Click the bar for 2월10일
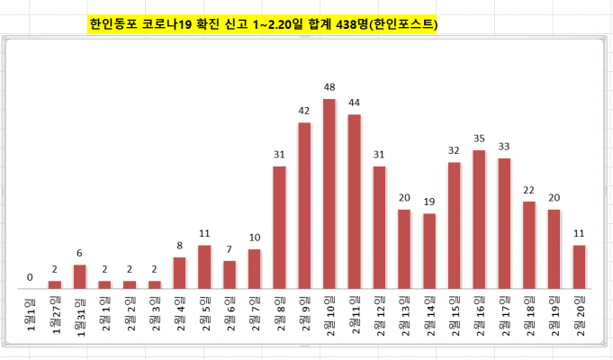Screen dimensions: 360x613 point(329,193)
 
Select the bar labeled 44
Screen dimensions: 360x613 point(354,202)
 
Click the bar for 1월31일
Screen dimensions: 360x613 point(80,276)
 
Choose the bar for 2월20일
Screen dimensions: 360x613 point(579,266)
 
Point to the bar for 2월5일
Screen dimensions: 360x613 point(204,266)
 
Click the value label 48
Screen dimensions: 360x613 point(329,87)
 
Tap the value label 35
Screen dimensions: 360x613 point(479,139)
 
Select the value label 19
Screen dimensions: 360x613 point(429,202)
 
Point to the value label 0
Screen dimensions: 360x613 point(30,277)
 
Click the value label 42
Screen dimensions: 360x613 point(304,111)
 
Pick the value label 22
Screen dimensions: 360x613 point(529,190)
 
